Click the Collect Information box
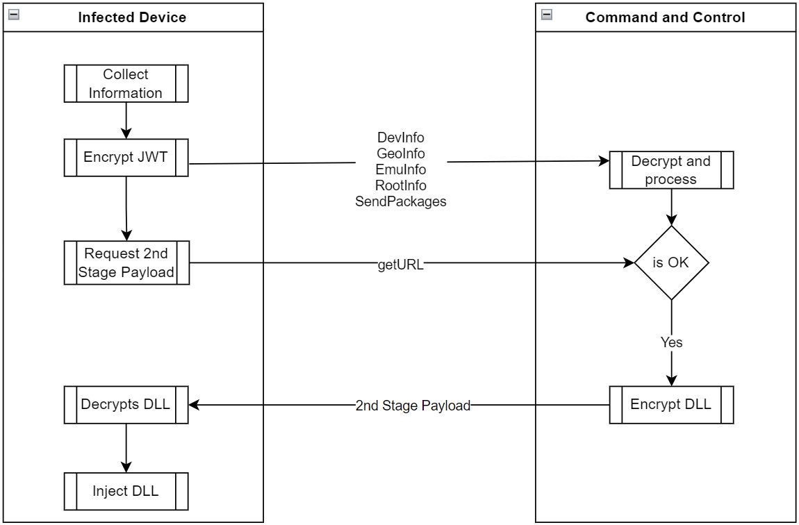click(126, 83)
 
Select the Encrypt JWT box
click(126, 157)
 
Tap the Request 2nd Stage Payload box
click(126, 262)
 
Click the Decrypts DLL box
click(126, 404)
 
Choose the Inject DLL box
click(126, 491)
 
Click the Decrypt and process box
click(670, 170)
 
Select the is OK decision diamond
click(671, 263)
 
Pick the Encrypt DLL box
click(670, 404)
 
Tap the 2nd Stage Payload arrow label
click(413, 406)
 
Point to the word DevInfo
click(401, 137)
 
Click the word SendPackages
click(401, 201)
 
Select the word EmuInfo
click(401, 169)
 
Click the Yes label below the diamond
click(671, 342)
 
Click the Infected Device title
click(132, 17)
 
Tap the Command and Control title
click(665, 17)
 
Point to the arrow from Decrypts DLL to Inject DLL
click(126, 447)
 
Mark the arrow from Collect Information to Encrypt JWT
click(126, 120)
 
